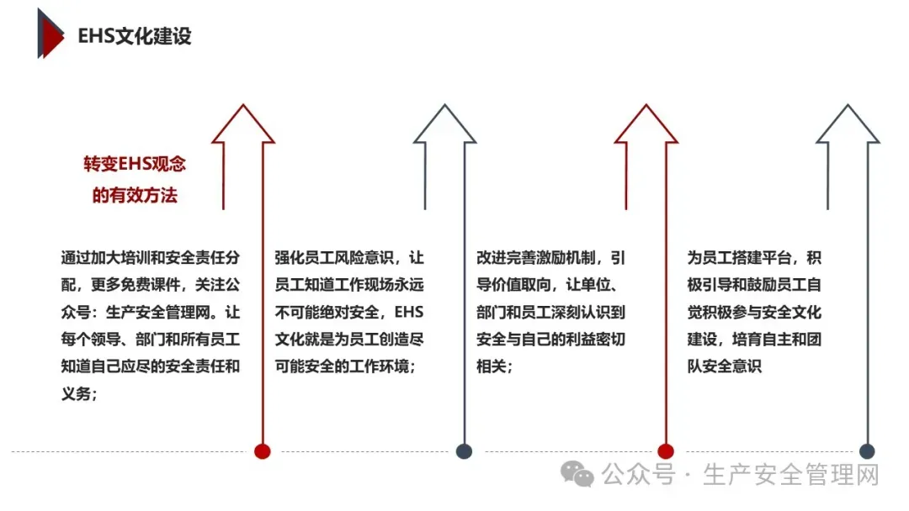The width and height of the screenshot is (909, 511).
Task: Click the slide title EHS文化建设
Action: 135,36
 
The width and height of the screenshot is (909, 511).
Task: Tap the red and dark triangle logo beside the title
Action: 50,34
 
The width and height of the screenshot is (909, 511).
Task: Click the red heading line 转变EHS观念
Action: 135,164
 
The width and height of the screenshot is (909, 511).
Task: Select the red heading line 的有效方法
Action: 135,196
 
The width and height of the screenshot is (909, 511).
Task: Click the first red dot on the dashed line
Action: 263,451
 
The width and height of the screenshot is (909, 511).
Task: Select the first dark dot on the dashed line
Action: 464,451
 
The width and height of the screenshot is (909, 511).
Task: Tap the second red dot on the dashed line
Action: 666,451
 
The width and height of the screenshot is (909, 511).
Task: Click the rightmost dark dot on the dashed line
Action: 867,451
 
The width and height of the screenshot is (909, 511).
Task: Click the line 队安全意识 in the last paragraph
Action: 724,366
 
